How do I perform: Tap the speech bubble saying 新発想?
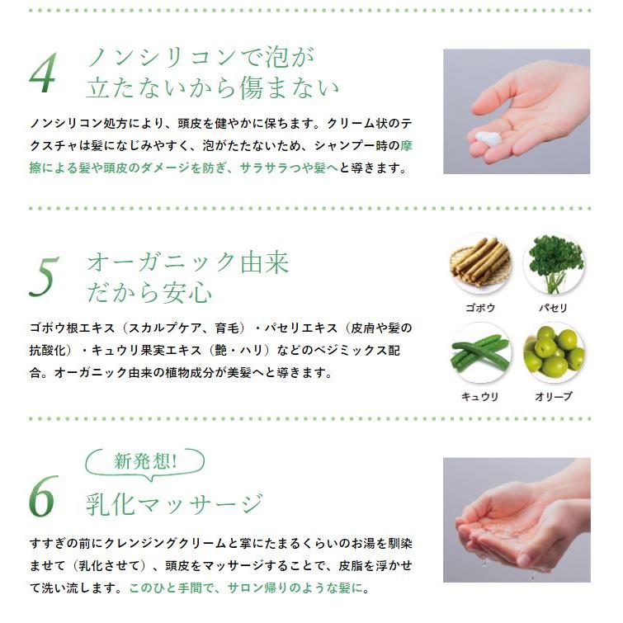145,462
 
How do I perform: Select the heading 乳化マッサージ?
174,502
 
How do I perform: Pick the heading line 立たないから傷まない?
213,87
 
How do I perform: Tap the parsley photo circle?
554,264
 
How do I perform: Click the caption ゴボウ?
480,308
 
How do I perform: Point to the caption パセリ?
554,308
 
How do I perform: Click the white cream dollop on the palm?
491,139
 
